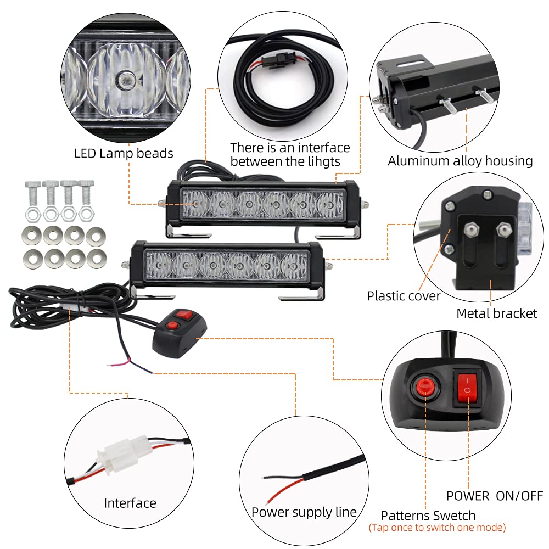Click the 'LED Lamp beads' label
(124, 154)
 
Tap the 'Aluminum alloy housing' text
(460, 161)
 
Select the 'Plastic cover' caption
(404, 296)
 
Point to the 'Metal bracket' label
(496, 313)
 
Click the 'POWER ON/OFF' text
(494, 496)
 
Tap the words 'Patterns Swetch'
(428, 516)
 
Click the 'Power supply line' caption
(304, 512)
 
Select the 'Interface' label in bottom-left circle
(130, 503)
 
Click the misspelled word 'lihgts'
(324, 161)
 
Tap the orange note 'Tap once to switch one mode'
(437, 528)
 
